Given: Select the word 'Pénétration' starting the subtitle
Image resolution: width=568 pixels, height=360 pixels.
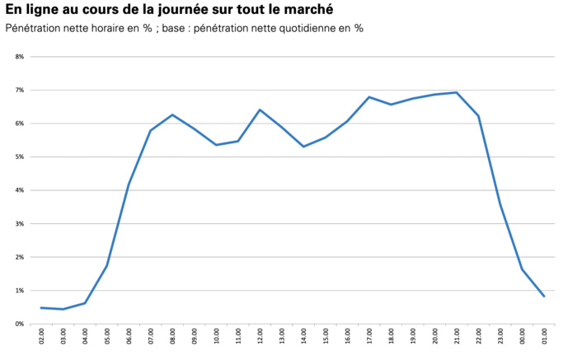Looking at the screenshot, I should point(38,29).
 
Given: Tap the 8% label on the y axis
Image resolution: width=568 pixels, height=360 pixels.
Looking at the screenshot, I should point(19,57).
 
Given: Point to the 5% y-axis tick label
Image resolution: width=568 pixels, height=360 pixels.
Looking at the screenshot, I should point(19,157).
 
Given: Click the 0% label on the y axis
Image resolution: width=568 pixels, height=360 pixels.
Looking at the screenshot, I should point(19,324).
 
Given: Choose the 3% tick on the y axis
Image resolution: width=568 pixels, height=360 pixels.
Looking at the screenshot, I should point(19,223).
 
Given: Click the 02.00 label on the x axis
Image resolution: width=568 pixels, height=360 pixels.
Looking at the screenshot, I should point(42,336).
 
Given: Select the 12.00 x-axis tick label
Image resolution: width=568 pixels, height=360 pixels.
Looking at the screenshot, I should point(260,336).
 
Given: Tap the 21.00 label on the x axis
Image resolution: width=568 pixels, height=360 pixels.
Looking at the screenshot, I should point(456,336).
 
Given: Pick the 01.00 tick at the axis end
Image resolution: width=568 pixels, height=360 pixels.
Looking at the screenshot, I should point(543,336).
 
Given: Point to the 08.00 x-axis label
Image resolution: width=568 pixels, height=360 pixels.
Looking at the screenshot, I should point(172,336).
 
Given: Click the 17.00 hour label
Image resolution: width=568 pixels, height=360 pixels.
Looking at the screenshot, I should point(368,336).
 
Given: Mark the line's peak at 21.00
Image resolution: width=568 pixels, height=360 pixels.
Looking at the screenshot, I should point(456,92).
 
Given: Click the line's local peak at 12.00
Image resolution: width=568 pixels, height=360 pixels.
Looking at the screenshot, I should point(260,110).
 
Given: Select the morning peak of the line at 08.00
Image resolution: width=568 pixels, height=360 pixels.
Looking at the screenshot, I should point(172,115).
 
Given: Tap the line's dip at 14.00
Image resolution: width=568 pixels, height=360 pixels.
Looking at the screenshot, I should point(303,147).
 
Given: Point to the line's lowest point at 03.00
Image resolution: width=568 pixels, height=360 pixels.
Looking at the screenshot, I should point(63,309).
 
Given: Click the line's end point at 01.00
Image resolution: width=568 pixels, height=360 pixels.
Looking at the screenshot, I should point(543,297).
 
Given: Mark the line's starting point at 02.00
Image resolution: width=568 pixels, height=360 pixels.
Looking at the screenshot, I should point(41,307).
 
